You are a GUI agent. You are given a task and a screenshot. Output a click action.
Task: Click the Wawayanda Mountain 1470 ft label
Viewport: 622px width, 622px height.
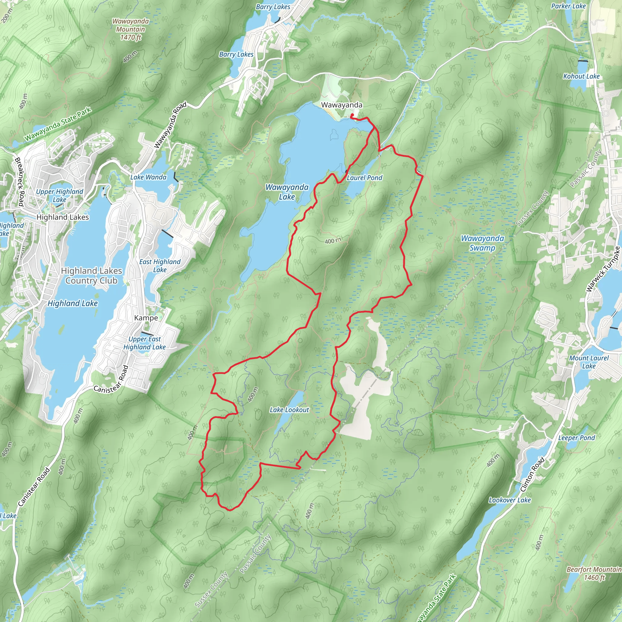(x=130, y=29)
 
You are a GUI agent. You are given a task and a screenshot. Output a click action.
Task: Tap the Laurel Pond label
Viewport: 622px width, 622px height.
(x=364, y=178)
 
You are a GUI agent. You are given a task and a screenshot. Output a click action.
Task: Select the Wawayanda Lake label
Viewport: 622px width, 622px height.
(x=287, y=192)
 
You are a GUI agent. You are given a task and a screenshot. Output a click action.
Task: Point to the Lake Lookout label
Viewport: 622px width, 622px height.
(x=289, y=410)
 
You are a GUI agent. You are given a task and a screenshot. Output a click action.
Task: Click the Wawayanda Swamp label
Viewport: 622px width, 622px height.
(x=482, y=243)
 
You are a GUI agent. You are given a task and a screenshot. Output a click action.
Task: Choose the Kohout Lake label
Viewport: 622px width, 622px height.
(x=581, y=76)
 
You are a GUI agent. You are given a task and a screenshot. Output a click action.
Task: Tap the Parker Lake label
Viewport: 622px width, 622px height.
(x=568, y=6)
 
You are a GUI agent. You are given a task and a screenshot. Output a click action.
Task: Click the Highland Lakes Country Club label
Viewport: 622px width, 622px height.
(x=91, y=275)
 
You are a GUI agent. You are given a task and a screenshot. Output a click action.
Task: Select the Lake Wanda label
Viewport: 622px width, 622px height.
(x=148, y=177)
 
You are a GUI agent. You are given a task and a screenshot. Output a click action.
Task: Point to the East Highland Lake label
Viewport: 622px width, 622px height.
(x=160, y=266)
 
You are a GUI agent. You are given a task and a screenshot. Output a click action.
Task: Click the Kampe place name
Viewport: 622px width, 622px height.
(x=146, y=318)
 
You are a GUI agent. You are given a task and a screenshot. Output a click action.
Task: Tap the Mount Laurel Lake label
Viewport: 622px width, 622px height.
(x=589, y=362)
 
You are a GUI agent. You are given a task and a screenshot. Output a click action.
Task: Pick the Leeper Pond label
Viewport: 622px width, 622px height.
(x=576, y=438)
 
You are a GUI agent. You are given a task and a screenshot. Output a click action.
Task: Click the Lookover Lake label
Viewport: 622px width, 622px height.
(x=510, y=500)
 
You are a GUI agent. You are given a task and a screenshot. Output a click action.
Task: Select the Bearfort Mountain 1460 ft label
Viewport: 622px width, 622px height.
(x=594, y=573)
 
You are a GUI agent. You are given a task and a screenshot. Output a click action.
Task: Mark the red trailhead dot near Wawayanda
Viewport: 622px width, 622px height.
(x=352, y=115)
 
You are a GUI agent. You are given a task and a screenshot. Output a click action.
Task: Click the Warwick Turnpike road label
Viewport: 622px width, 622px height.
(x=603, y=269)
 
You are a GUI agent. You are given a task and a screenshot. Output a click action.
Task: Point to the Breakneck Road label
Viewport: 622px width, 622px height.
(x=19, y=182)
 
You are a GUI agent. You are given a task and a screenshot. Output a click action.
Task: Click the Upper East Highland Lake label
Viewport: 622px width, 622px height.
(x=145, y=343)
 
